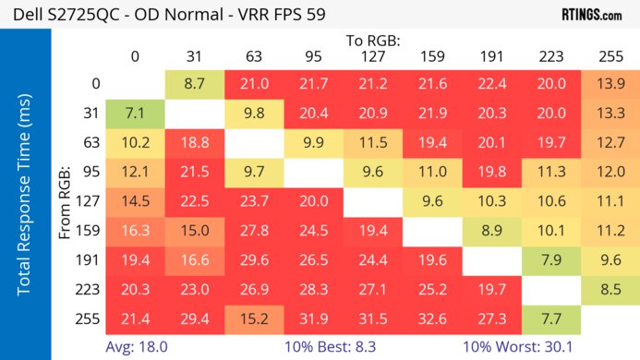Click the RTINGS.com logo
click(592, 15)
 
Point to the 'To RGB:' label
click(373, 41)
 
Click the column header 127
click(373, 56)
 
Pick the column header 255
click(610, 56)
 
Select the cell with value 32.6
click(432, 319)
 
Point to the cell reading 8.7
click(194, 84)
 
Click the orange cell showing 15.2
click(254, 319)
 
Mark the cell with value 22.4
click(491, 84)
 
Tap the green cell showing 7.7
click(551, 319)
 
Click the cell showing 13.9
click(610, 84)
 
